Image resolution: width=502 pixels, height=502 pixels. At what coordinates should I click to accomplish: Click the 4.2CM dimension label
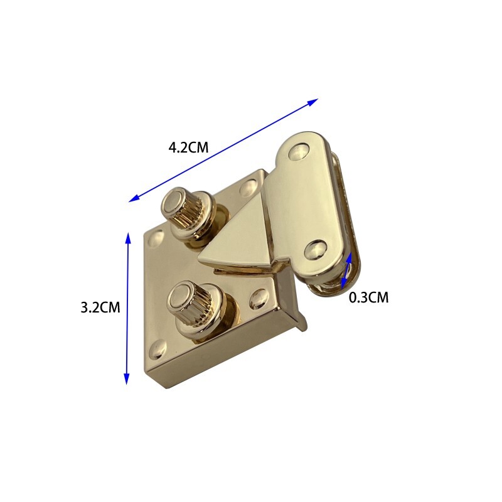pos(188,147)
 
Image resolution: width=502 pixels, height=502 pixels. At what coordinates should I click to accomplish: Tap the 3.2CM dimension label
pos(100,307)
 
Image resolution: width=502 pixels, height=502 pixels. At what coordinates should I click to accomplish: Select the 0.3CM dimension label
pos(368,297)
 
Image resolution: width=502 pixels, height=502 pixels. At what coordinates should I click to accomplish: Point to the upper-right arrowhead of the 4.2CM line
pos(312,102)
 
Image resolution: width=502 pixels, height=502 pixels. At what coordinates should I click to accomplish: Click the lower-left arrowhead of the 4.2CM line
pos(134,198)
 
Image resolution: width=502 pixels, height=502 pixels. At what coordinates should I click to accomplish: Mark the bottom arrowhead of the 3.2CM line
pos(127,378)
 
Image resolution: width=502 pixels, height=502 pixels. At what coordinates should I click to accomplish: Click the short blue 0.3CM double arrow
pos(346,270)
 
